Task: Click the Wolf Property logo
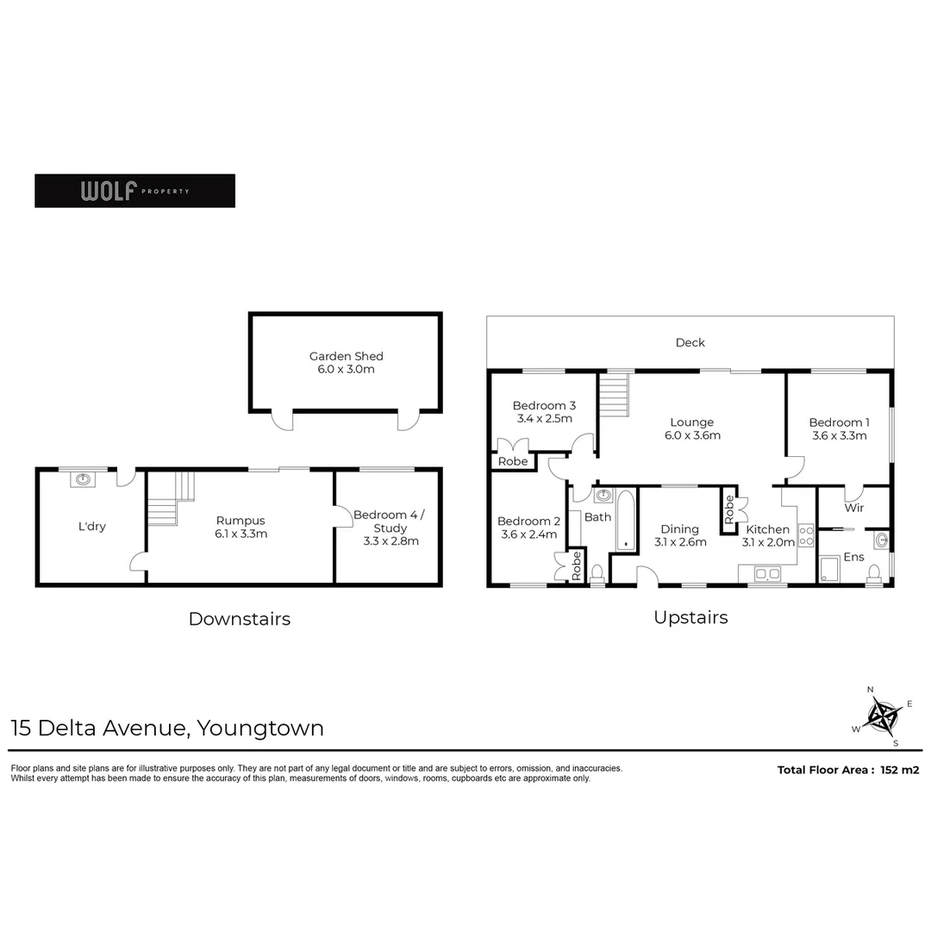click(134, 191)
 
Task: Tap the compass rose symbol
click(882, 715)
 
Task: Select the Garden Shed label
click(346, 362)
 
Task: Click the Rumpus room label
click(241, 527)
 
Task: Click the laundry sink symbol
click(84, 479)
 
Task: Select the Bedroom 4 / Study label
click(390, 528)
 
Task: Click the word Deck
click(690, 342)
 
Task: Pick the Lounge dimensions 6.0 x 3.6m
click(691, 435)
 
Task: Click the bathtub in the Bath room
click(625, 520)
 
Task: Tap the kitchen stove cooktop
click(807, 535)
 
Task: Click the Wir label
click(853, 508)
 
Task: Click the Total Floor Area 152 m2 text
click(847, 770)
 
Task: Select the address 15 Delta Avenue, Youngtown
click(167, 728)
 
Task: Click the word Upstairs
click(690, 617)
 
